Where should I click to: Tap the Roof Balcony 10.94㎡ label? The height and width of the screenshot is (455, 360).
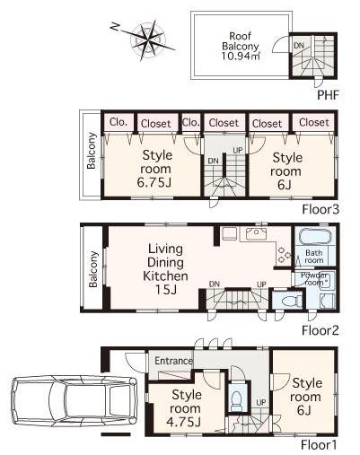241,44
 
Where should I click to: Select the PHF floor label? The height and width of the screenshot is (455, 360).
326,93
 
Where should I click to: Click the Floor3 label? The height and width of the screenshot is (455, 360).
319,207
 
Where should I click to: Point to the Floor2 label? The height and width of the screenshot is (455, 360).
319,329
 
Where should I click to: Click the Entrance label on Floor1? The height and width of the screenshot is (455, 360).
173,361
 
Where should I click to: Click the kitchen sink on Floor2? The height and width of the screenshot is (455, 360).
257,235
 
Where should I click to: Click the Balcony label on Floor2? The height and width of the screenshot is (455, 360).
93,267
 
